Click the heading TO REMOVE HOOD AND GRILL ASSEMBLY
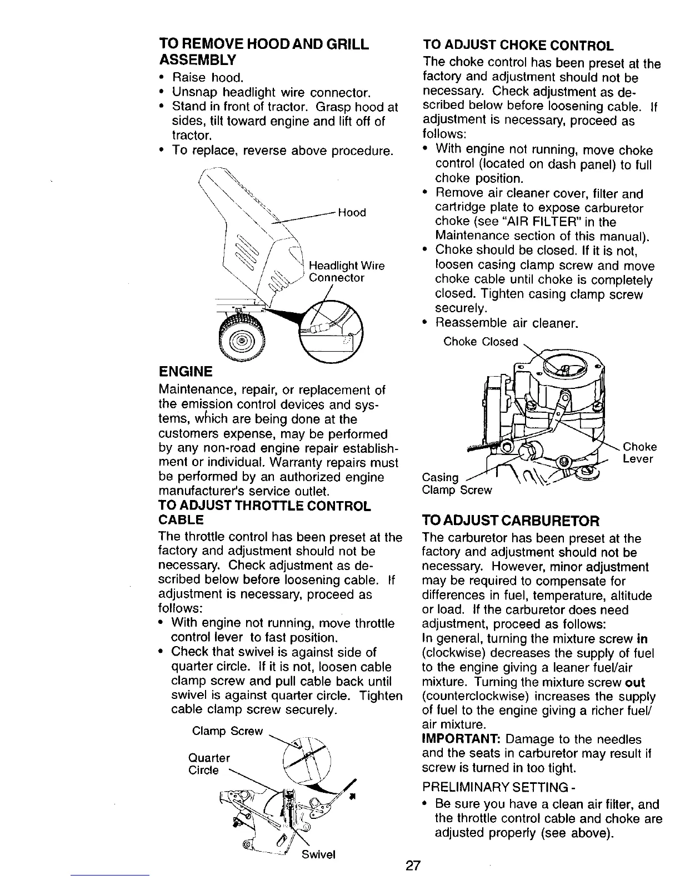click(263, 51)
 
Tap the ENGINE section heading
click(185, 371)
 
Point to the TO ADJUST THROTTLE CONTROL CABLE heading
click(264, 513)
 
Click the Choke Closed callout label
click(481, 342)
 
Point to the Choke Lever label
click(639, 453)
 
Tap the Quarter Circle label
click(209, 764)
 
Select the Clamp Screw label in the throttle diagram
click(227, 731)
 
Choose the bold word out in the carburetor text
click(634, 682)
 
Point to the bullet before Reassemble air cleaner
click(425, 323)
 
